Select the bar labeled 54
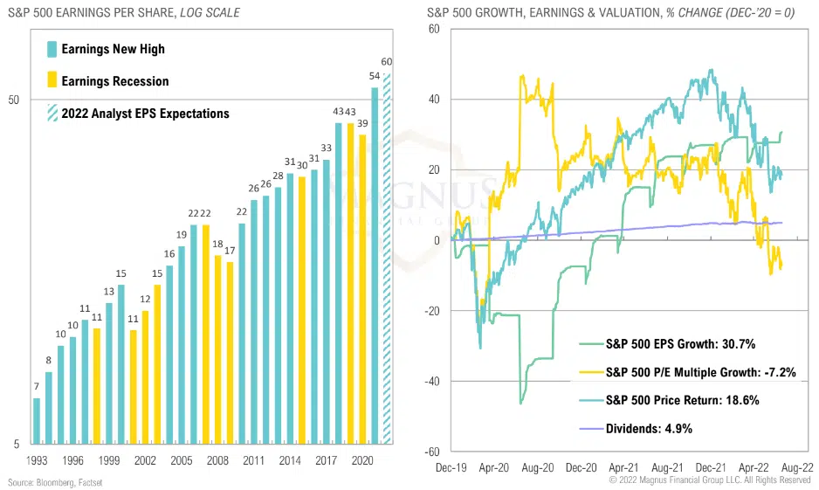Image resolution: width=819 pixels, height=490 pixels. (x=375, y=266)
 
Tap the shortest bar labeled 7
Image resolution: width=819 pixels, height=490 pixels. (x=37, y=421)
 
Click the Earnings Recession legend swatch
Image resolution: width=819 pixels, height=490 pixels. (x=52, y=80)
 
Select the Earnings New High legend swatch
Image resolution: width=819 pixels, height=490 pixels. (x=52, y=49)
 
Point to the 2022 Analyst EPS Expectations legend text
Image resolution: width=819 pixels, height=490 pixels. (x=145, y=114)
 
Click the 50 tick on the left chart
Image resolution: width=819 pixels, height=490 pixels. (x=13, y=100)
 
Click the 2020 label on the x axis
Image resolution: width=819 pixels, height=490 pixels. (x=363, y=459)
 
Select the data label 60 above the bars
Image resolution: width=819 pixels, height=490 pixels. (x=387, y=62)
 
